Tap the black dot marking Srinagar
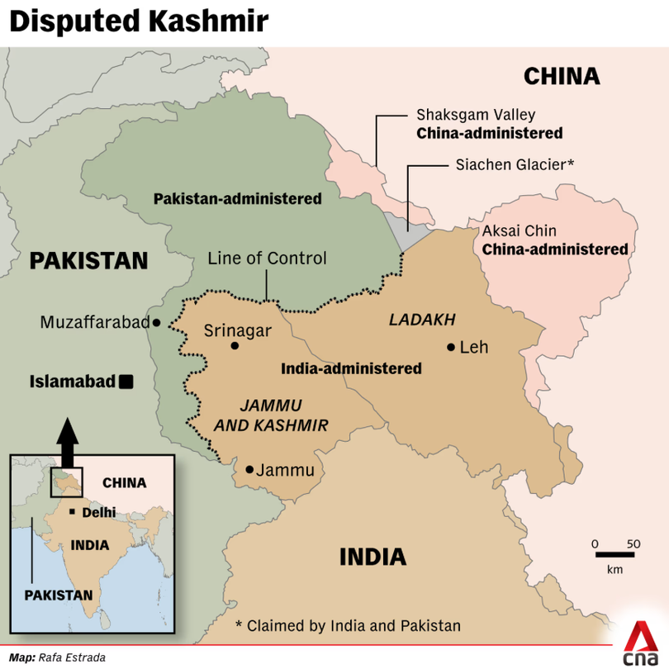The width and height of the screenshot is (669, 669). (x=235, y=346)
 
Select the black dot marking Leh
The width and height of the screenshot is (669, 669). (x=450, y=347)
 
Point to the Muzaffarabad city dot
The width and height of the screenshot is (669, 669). (x=156, y=323)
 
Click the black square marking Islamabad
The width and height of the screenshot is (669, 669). (x=126, y=381)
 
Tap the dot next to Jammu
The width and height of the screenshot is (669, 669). (x=250, y=470)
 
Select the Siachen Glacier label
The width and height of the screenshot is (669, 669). (x=515, y=164)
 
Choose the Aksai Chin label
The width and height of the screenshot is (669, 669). (x=519, y=231)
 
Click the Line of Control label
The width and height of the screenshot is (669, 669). (x=267, y=258)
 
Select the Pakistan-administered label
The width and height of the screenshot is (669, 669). (x=237, y=199)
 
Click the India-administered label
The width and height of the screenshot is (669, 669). (x=351, y=368)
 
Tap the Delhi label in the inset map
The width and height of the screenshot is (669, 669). (x=98, y=512)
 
